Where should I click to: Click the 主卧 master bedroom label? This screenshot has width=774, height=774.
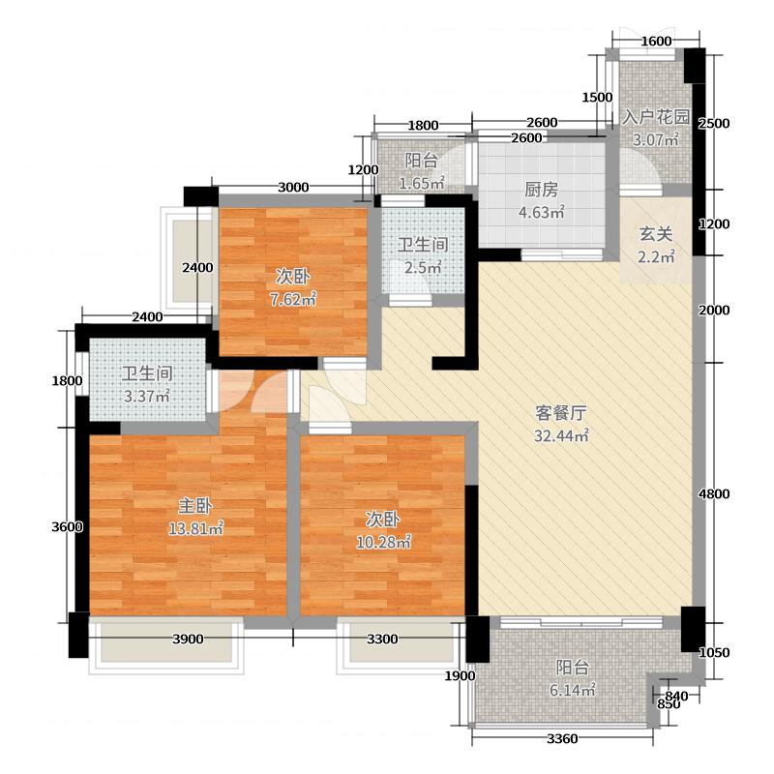point(195,506)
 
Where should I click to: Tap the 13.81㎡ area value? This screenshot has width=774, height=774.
point(196,528)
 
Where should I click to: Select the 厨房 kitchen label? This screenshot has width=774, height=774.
point(541,190)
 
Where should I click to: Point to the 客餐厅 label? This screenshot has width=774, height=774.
point(561,413)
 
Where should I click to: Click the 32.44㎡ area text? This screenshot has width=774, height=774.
point(561,435)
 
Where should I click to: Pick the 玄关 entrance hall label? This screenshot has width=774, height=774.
point(656,234)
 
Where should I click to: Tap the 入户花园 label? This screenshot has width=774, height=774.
point(656,117)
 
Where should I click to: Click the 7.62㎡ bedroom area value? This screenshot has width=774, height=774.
point(293,299)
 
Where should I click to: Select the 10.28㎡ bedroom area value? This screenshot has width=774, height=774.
point(383,542)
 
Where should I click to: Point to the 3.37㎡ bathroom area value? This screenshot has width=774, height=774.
point(147,396)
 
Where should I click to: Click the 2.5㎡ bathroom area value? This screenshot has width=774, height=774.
point(423,268)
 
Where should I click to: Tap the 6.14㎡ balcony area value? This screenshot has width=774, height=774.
point(573,690)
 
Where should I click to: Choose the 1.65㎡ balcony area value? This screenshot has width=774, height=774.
point(422,184)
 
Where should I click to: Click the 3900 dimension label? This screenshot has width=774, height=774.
point(188,640)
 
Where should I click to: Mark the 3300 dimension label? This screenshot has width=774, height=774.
point(382,640)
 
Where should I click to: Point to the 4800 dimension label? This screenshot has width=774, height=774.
point(714,494)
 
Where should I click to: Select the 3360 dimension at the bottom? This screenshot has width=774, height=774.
point(562,739)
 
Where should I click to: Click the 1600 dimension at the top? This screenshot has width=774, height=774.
point(656,42)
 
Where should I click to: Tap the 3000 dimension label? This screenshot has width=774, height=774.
point(293,187)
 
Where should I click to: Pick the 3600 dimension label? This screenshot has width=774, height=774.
point(67,527)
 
